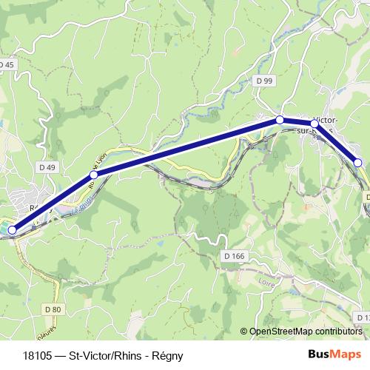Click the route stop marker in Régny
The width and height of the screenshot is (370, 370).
12,230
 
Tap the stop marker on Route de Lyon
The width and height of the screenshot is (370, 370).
93,175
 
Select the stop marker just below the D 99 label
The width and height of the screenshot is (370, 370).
280,119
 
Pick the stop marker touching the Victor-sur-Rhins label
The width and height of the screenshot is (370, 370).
314,124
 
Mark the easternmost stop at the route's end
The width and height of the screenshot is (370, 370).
357,162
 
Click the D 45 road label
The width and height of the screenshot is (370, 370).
7,65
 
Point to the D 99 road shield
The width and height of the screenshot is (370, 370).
266,80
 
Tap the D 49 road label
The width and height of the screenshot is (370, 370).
47,168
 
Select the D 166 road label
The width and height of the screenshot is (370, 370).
232,255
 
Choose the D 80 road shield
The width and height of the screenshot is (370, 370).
51,309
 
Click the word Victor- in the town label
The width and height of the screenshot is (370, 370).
327,120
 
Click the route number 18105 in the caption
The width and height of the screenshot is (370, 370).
37,354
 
